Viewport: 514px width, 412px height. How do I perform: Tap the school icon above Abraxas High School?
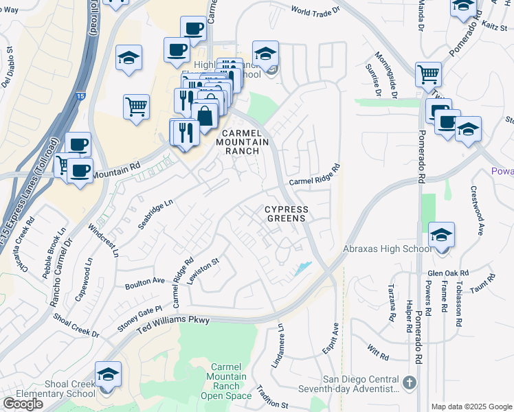point(440,235)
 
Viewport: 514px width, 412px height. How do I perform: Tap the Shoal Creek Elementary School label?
point(50,389)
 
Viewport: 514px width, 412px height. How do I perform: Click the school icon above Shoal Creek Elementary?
point(108,374)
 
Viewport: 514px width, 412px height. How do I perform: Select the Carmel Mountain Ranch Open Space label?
point(230,381)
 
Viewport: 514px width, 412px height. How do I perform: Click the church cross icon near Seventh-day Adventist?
point(409,382)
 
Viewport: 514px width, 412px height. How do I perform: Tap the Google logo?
point(23,404)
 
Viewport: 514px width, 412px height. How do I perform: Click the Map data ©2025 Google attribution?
point(471,407)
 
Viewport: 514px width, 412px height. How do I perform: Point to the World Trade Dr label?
point(315,11)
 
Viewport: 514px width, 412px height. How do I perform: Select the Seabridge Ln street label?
point(155,215)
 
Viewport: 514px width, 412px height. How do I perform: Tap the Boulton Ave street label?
point(145,282)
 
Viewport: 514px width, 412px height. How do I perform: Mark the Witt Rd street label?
point(378,352)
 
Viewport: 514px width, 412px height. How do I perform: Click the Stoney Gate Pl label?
point(139,319)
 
